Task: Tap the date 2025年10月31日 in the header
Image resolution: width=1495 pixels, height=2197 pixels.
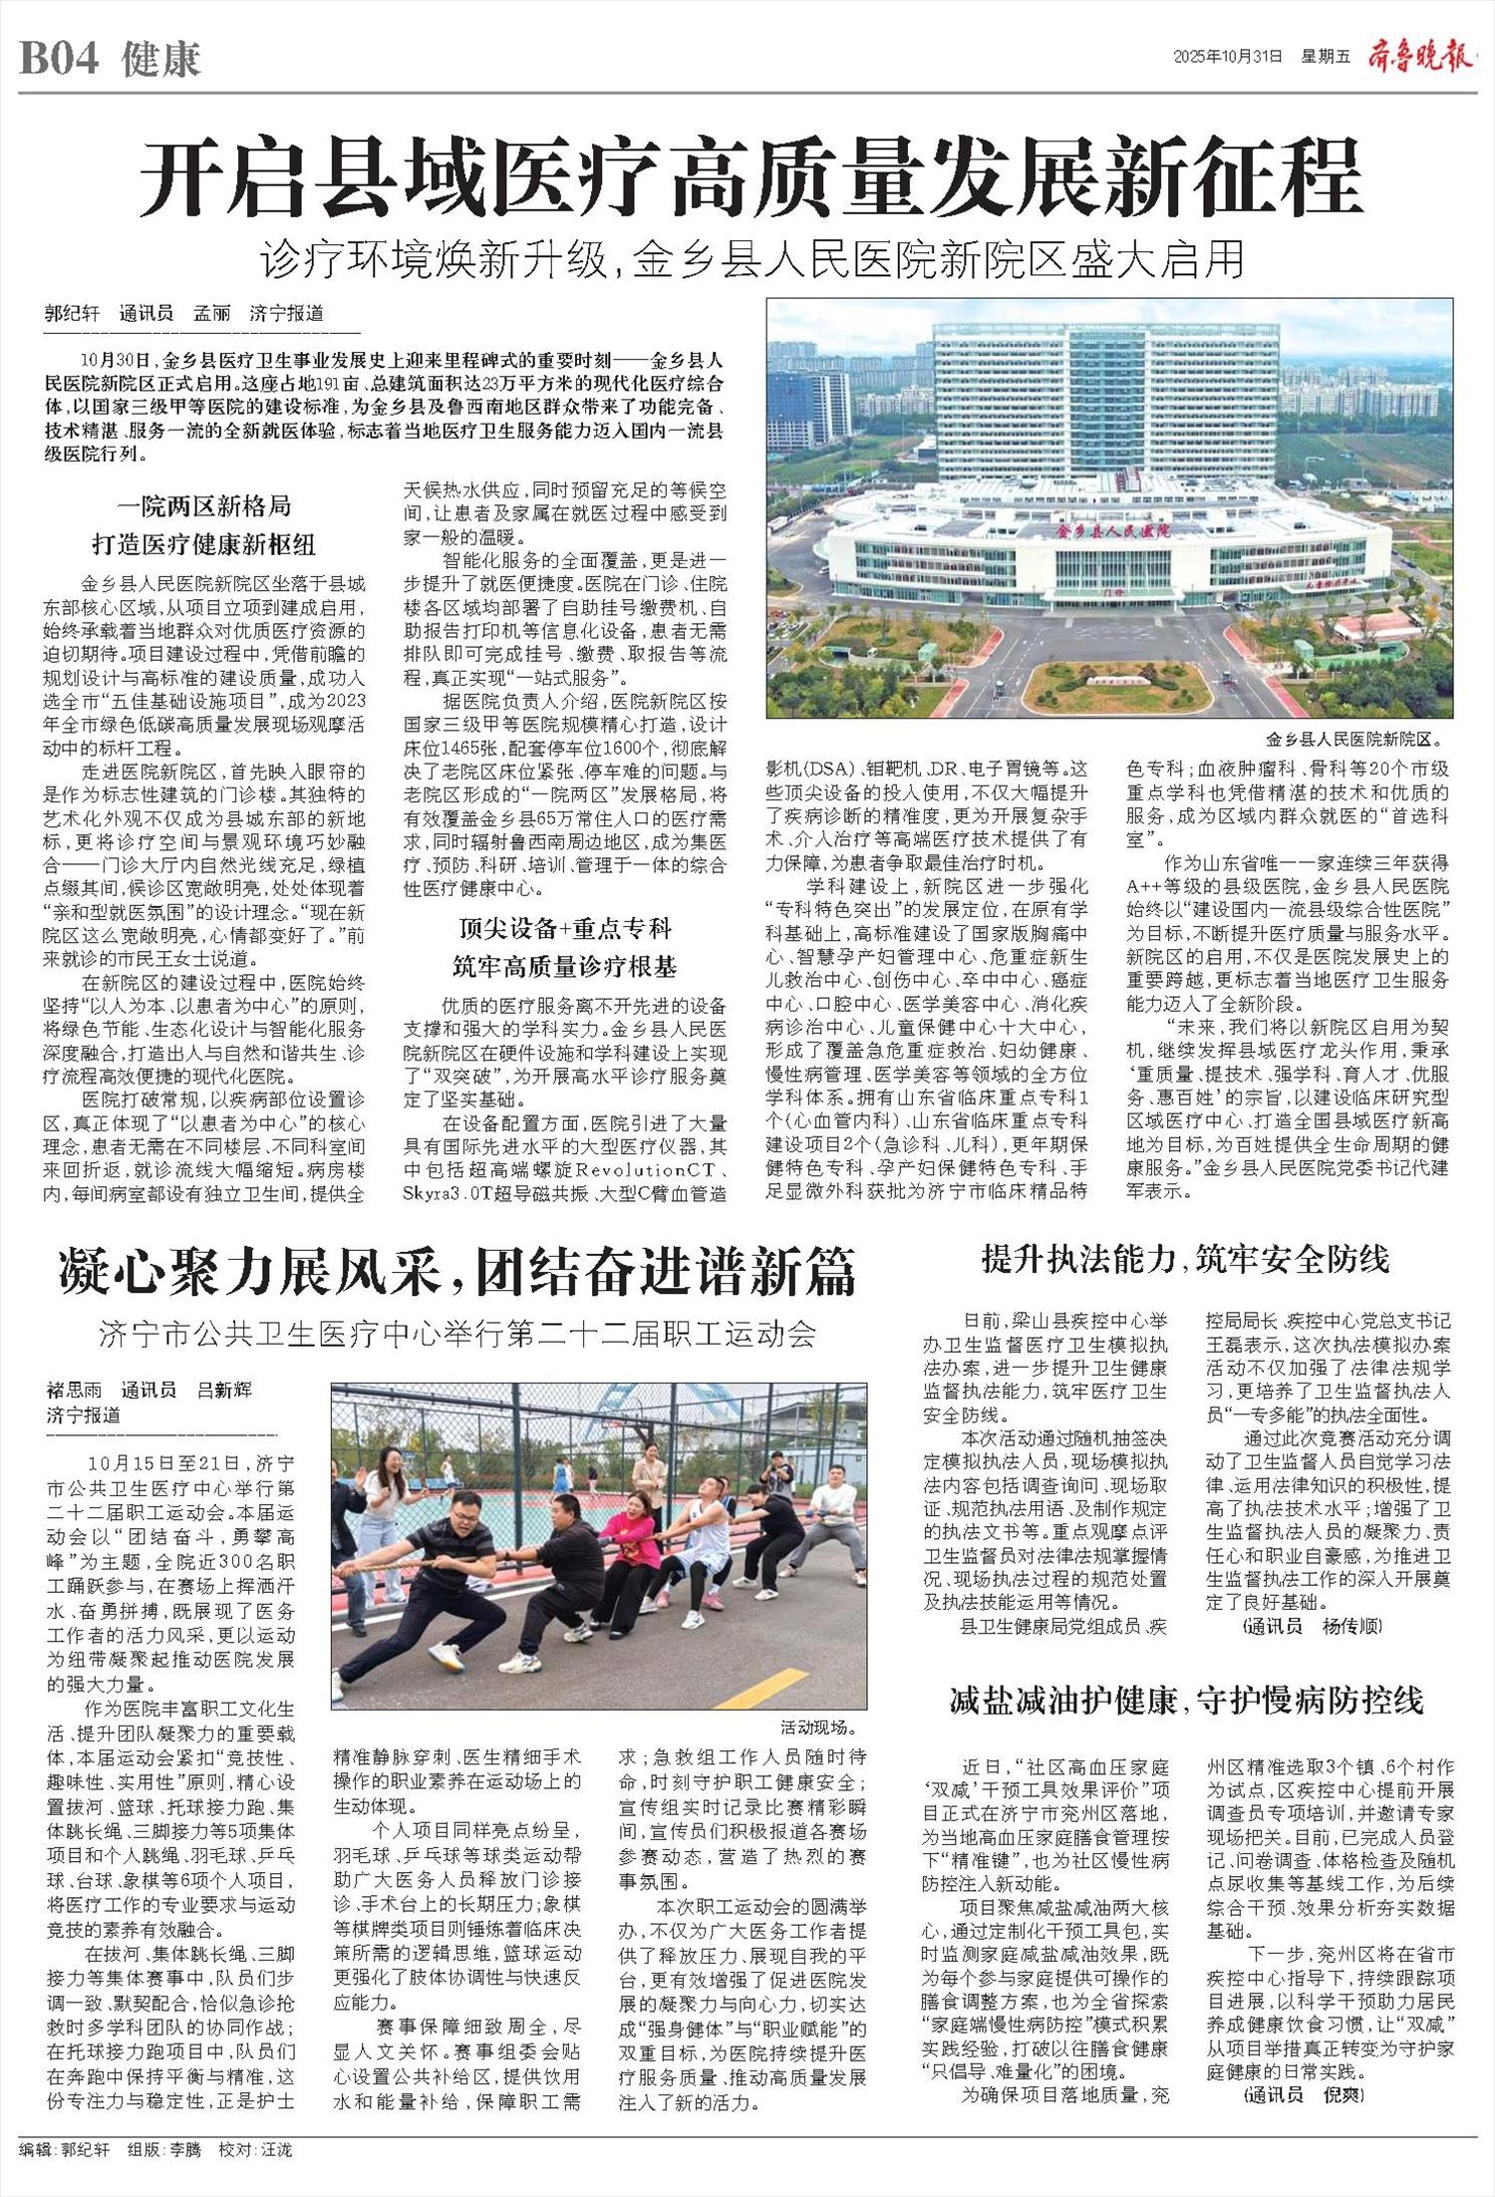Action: (1227, 57)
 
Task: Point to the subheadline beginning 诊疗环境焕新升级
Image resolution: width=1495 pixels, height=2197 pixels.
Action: (752, 260)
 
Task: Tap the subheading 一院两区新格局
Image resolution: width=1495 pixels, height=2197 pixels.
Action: (203, 505)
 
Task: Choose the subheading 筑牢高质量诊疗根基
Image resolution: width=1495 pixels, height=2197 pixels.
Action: (564, 966)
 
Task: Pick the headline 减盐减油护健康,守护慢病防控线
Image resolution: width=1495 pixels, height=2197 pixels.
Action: (1186, 1701)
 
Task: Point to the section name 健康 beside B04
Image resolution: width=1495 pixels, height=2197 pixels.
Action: (161, 60)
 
